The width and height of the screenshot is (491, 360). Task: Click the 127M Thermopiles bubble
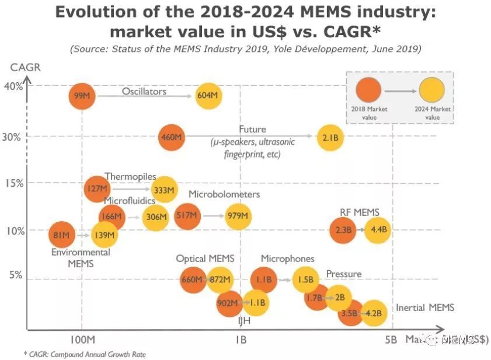96,188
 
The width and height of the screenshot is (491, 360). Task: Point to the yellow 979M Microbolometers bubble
238,216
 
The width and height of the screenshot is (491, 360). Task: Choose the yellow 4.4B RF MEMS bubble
377,230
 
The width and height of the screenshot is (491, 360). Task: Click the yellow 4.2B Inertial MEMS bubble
374,313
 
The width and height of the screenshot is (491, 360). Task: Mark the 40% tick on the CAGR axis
15,87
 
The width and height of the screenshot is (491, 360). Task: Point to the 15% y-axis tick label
15,183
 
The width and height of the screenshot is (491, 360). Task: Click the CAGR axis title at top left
25,67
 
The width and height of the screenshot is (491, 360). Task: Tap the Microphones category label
287,258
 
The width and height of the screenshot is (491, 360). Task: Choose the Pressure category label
343,274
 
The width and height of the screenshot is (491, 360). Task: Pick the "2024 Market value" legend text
432,113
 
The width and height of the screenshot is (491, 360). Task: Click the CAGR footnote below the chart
85,354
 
